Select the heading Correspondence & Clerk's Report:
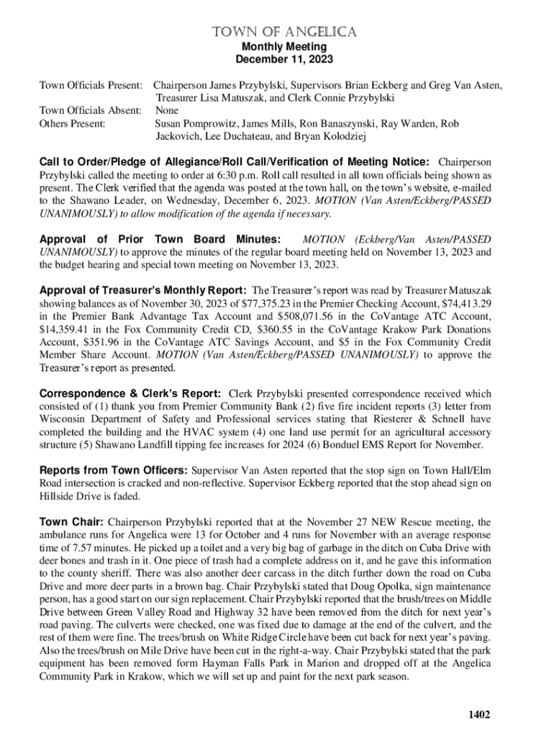[x=130, y=394]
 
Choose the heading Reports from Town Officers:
[x=113, y=471]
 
